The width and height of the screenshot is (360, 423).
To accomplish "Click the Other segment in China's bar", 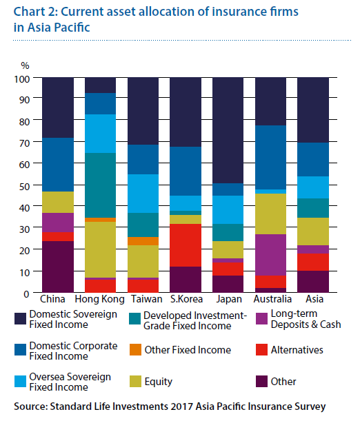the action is point(58,267).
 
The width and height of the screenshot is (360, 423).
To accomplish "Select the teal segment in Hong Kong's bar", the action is point(101,185).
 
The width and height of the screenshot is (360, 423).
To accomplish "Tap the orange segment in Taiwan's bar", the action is point(143,241).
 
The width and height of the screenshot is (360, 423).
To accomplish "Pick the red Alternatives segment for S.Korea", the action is point(186,245).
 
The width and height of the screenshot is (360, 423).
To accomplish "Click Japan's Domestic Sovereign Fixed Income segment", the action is point(228,130).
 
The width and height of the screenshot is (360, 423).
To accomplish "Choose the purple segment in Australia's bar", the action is point(270,255).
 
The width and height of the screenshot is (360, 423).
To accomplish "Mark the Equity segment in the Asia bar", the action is point(313,231).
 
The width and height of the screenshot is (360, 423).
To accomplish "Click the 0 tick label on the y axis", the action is point(26,293).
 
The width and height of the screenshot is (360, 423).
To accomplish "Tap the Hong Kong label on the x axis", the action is point(99,299).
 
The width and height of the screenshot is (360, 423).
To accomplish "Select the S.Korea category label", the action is point(186,299).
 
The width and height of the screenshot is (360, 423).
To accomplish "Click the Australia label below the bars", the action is point(272,299).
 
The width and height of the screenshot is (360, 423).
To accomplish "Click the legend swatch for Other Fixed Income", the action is point(135,349).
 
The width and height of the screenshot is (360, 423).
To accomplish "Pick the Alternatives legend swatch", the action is point(261,349).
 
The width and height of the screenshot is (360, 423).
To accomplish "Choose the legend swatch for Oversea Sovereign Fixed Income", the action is point(20,382).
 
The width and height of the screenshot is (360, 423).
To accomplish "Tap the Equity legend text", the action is point(158,382).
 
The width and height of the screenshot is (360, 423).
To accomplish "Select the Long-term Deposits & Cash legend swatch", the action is point(261,318).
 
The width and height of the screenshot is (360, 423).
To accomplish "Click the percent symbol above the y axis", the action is point(25,65).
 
